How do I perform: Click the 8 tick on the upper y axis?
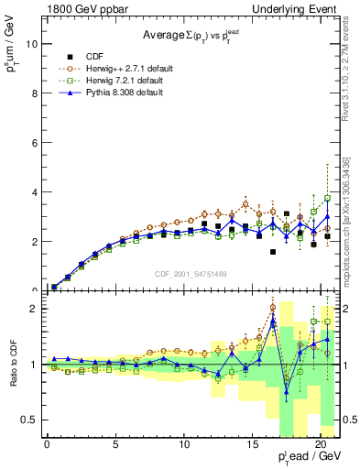tap(32, 93)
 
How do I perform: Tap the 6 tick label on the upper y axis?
tap(32, 142)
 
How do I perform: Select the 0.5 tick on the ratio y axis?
tap(27, 420)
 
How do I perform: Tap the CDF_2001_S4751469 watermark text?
tap(191, 272)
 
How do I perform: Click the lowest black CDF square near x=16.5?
tap(273, 252)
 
